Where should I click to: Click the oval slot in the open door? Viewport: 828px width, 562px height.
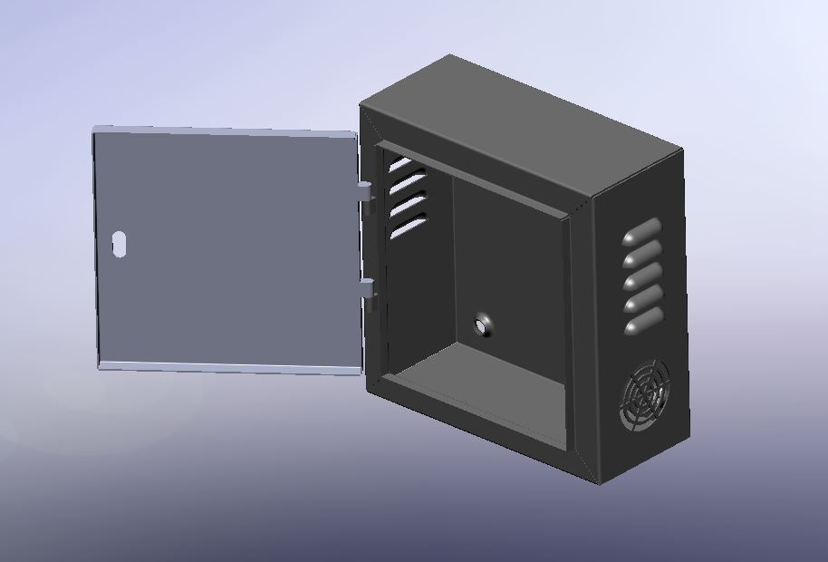120,244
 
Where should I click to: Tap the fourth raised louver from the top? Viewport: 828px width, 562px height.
642,298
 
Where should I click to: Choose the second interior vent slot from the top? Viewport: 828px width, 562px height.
406,185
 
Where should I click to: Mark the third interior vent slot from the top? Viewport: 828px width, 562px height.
408,206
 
